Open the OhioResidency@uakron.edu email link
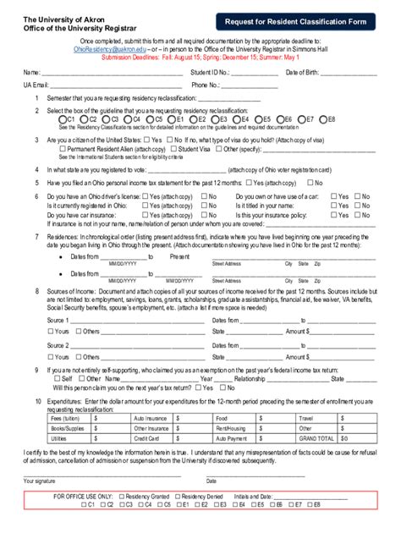pos(105,50)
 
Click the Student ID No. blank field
pos(253,73)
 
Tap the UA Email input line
pos(110,85)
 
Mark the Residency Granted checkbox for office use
pos(120,496)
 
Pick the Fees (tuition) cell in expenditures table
pos(68,418)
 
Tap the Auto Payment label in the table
pos(232,439)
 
